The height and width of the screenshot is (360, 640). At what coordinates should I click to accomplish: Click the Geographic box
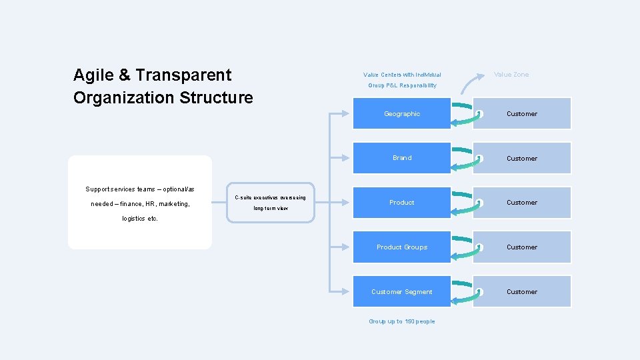pos(402,114)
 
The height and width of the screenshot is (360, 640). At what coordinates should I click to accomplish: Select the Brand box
pos(402,158)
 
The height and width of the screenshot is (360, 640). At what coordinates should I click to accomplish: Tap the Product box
pos(402,203)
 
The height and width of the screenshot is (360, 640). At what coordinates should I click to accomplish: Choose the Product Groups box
pos(402,247)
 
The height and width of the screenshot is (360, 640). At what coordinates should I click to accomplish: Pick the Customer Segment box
pos(402,292)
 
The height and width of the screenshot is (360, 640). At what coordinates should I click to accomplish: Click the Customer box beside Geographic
pos(522,114)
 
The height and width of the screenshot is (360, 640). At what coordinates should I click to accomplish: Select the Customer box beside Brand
pos(522,159)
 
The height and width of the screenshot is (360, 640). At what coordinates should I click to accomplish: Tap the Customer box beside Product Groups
pos(522,247)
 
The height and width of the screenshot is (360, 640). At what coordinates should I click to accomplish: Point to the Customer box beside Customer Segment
pos(522,292)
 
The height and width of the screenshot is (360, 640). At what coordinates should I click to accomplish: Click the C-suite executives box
pos(271,203)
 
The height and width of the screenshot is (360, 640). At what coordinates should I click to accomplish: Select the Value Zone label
pos(511,75)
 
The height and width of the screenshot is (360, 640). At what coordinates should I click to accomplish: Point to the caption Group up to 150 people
pos(402,321)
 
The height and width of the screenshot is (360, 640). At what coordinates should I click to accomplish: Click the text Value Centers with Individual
pos(402,75)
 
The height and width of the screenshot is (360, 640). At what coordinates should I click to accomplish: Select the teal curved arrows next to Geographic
pos(465,114)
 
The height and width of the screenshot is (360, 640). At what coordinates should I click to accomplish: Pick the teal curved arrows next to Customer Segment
pos(465,292)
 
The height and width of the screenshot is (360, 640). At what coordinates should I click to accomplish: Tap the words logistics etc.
pos(140,219)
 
